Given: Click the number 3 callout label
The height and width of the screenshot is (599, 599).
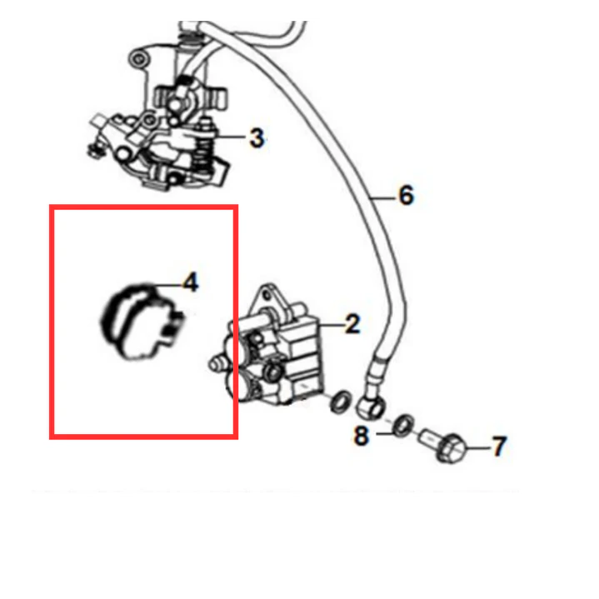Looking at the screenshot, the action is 257,138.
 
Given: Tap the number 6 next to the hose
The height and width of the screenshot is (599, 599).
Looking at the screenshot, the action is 407,195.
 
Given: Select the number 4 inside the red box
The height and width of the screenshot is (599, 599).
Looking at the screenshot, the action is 191,282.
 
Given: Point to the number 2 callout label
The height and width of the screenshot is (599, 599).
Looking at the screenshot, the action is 352,324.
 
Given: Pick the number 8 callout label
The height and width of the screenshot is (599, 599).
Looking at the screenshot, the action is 362,436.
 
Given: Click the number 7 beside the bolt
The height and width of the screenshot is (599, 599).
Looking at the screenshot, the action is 498,447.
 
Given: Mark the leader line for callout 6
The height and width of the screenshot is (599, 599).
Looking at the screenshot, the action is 382,198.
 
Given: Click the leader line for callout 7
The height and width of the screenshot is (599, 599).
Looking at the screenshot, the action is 477,447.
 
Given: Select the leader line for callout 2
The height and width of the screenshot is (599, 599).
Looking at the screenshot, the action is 331,326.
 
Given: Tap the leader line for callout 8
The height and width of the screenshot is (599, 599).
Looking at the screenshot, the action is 385,433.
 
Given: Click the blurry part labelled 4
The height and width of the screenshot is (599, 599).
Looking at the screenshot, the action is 142,322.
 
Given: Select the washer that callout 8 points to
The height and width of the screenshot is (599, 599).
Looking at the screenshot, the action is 403,425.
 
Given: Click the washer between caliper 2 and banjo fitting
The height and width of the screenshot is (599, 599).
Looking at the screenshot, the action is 341,402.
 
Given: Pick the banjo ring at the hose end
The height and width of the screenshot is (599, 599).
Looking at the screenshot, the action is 370,407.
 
